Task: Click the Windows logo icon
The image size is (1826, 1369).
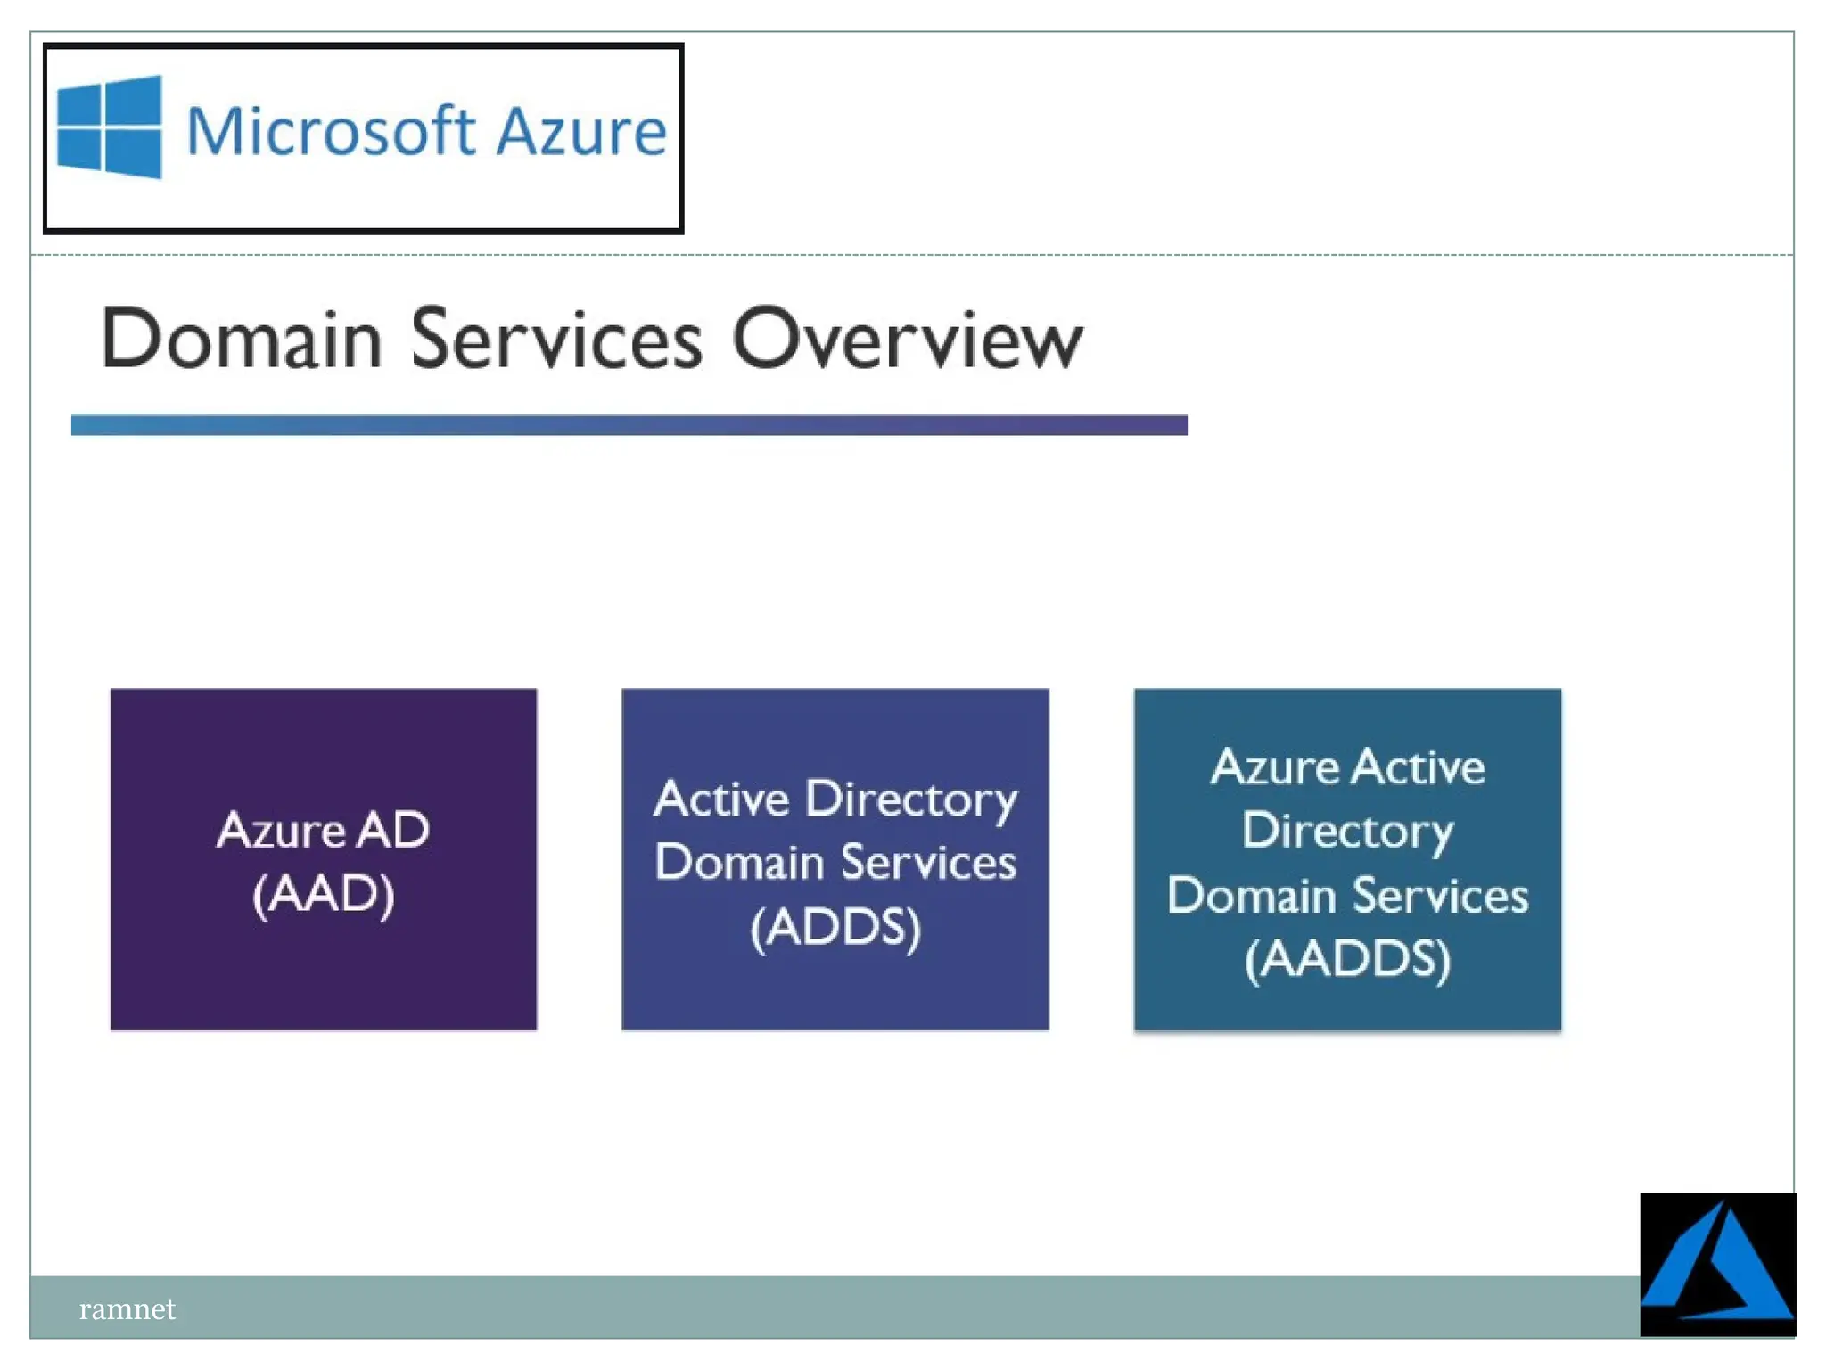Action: pos(110,127)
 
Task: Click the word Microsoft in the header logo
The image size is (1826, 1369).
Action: pos(330,131)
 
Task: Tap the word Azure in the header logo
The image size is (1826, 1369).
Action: pos(580,131)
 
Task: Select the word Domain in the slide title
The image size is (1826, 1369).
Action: pos(242,340)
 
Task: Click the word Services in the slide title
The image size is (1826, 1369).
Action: pos(556,340)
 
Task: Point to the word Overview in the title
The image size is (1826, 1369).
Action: pos(907,340)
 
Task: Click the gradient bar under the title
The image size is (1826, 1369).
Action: pos(629,425)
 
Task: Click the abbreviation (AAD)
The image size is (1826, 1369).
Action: pos(323,893)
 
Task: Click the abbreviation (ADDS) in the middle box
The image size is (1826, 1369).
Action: pos(835,927)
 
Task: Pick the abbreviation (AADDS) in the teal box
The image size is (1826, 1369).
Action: pos(1346,959)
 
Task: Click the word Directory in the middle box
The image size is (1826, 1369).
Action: pos(910,799)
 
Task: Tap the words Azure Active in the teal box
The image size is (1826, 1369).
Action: pos(1346,767)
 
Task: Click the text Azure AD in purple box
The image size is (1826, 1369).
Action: pos(323,830)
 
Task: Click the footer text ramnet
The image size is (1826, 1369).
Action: pos(127,1308)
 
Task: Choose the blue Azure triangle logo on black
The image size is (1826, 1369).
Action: pos(1716,1264)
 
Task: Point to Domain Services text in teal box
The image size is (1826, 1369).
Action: pos(1346,895)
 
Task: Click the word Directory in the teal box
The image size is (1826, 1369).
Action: pos(1346,831)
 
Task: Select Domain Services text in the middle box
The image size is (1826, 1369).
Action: pos(835,863)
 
